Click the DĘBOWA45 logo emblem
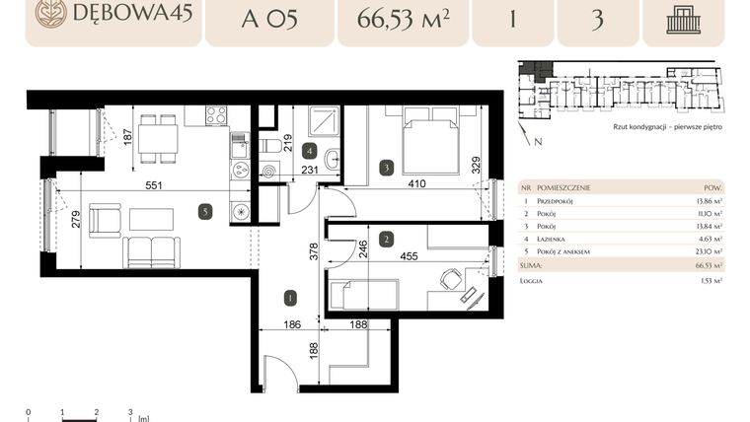(50, 14)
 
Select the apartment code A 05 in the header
(268, 19)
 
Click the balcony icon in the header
(683, 19)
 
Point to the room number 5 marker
(203, 210)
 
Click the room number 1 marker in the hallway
(289, 296)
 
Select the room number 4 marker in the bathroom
(310, 151)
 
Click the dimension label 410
(415, 182)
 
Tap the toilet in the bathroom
(270, 146)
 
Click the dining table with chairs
(157, 137)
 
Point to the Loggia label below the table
(534, 280)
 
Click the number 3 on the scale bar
(130, 411)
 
